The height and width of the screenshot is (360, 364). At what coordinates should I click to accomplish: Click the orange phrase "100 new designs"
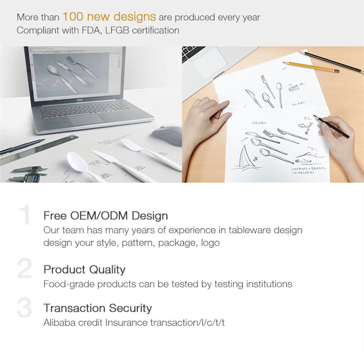[x=109, y=17]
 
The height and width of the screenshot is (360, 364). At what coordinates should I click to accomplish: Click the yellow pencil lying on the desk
[x=311, y=66]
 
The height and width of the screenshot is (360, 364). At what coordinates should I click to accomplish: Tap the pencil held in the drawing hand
[x=331, y=127]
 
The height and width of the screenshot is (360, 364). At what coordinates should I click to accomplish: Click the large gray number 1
[x=26, y=216]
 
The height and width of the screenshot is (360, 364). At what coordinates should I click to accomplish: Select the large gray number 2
[x=24, y=269]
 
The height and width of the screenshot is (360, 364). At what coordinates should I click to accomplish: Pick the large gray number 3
[x=24, y=308]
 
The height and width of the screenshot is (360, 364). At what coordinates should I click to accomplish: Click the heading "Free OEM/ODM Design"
[x=105, y=215]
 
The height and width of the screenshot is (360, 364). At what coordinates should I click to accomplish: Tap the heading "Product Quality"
[x=84, y=270]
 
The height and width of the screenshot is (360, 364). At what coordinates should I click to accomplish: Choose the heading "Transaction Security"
[x=98, y=308]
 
